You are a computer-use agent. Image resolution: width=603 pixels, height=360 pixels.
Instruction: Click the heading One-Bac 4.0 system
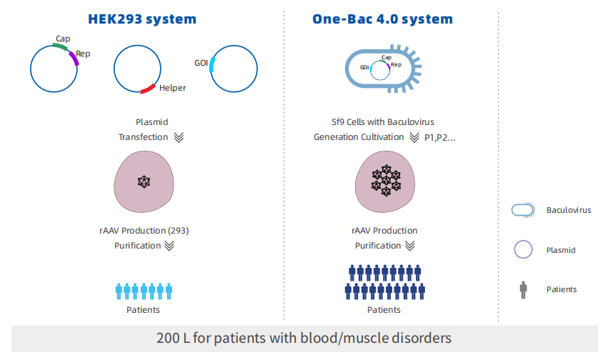[382, 18]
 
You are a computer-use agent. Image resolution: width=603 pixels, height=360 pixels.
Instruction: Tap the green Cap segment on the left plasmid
[59, 48]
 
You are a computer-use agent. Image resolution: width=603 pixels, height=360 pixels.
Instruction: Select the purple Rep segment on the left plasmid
[74, 61]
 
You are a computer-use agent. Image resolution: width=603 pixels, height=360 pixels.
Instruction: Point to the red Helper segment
[148, 89]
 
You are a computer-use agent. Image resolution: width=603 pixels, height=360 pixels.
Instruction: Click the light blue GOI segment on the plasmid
[213, 65]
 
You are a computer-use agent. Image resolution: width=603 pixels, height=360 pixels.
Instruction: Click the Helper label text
[172, 88]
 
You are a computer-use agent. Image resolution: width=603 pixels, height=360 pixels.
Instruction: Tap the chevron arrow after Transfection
[179, 137]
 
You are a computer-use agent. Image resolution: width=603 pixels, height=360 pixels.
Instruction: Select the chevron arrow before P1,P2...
[414, 137]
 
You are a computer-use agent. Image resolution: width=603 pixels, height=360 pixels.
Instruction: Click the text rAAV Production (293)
[144, 231]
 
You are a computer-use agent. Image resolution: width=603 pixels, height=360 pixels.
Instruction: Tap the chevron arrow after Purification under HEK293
[169, 246]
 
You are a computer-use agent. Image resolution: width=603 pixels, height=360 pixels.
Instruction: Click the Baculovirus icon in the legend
[524, 210]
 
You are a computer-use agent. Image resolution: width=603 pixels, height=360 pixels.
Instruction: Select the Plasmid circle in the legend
[524, 250]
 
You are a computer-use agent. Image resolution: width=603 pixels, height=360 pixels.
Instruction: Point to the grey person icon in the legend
[524, 289]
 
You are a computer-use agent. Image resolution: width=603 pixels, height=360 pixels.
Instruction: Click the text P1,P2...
[440, 137]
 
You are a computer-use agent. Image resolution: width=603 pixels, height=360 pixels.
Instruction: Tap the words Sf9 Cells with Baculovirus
[384, 122]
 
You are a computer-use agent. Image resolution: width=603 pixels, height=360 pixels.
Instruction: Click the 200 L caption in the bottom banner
[304, 338]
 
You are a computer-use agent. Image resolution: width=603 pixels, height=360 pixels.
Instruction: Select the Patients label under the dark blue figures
[384, 310]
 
